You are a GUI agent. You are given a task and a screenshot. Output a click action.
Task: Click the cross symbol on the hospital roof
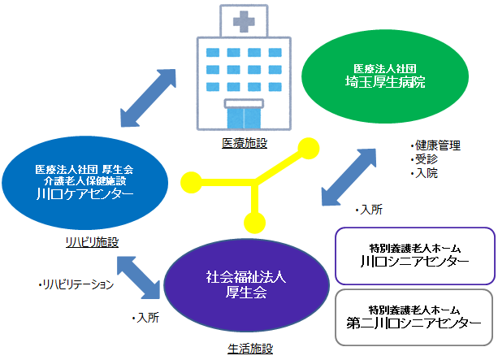click(x=244, y=21)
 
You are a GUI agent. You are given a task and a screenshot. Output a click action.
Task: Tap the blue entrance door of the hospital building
click(x=244, y=118)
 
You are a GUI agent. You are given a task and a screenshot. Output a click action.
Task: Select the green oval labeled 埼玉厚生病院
click(x=385, y=76)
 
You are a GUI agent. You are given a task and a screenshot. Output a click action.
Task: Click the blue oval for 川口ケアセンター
click(x=84, y=183)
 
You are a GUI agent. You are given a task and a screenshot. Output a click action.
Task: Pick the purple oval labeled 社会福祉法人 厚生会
click(x=246, y=285)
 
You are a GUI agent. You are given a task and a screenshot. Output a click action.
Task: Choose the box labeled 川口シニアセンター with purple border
click(x=415, y=256)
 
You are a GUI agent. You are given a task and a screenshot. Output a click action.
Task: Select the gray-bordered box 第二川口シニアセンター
click(x=414, y=317)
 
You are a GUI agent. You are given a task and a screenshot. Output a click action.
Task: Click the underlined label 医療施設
click(x=245, y=143)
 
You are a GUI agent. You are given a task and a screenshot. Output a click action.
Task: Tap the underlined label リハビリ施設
click(x=92, y=242)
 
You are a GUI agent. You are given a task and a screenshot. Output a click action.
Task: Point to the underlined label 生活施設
click(x=250, y=349)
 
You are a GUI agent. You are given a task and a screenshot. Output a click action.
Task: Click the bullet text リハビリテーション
click(x=76, y=284)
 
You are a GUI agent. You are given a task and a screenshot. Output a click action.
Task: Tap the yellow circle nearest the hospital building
click(x=309, y=148)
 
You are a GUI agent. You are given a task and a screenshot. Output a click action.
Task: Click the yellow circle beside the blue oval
click(x=191, y=182)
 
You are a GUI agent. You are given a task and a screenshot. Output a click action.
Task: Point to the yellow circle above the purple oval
click(x=255, y=223)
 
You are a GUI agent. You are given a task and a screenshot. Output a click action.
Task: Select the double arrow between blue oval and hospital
click(x=149, y=98)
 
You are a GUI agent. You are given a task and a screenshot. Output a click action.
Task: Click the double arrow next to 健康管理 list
click(x=349, y=177)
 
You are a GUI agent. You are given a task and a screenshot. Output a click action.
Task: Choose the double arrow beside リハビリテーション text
click(x=138, y=277)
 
